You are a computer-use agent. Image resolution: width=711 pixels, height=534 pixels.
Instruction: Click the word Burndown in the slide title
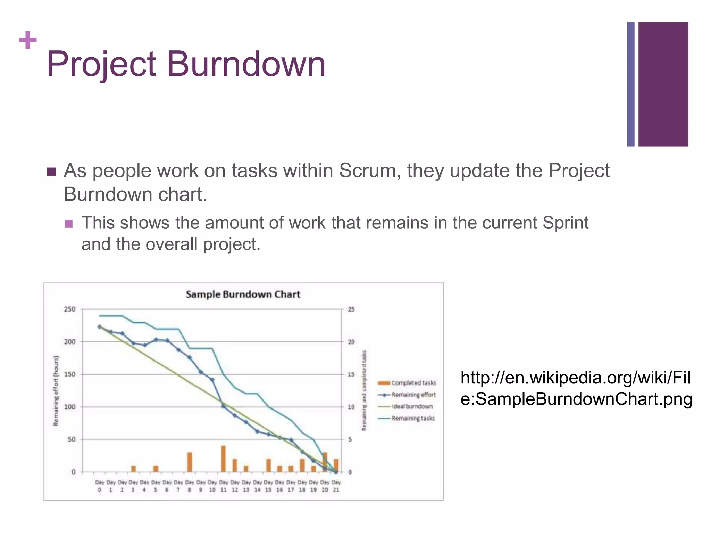[246, 64]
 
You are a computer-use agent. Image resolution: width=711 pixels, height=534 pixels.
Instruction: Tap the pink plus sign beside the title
[28, 40]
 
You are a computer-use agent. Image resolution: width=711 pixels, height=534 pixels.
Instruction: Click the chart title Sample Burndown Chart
[243, 294]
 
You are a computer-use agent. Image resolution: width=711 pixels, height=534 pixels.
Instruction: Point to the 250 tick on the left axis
[69, 309]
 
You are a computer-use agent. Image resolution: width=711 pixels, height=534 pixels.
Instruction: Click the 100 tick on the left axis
[69, 407]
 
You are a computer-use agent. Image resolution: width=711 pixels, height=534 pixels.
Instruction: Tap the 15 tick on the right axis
[351, 374]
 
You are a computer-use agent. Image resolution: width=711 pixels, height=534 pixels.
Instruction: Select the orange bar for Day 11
[223, 459]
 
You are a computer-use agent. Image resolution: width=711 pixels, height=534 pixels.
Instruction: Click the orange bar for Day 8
[190, 462]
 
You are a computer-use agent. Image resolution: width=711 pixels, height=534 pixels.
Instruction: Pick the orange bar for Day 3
[133, 469]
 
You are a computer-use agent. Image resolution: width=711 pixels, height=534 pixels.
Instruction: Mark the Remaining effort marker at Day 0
[100, 327]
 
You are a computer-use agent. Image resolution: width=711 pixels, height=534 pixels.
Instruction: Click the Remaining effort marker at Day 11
[223, 406]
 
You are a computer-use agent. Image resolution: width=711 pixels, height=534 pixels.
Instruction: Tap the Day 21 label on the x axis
[336, 486]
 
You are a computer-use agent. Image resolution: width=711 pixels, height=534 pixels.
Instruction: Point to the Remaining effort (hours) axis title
[56, 390]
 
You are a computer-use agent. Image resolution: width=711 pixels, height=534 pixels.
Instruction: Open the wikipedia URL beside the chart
[576, 388]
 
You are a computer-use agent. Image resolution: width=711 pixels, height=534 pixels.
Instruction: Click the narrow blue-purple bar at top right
[630, 84]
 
